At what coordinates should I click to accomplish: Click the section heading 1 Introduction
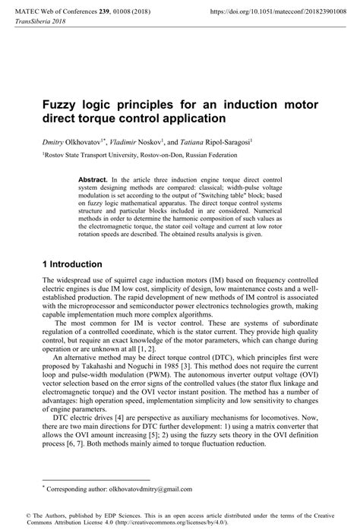tap(73, 264)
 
